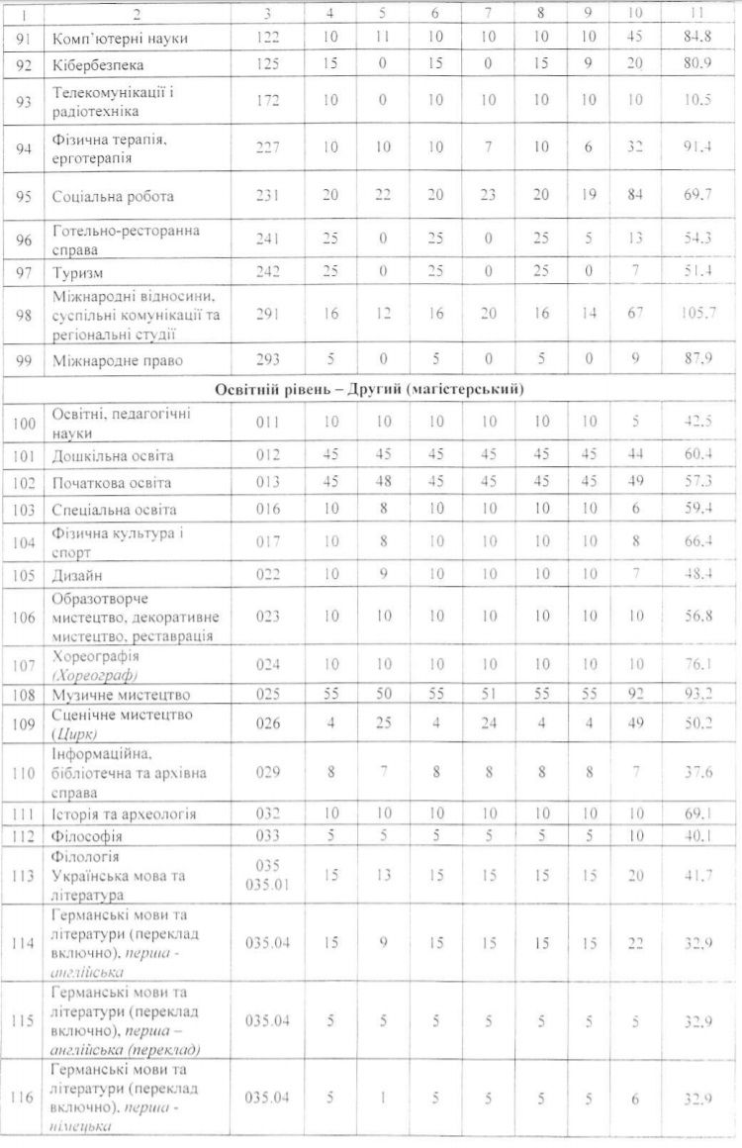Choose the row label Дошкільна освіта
coord(113,457)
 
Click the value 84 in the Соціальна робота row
coord(635,196)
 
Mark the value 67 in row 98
coord(635,315)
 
